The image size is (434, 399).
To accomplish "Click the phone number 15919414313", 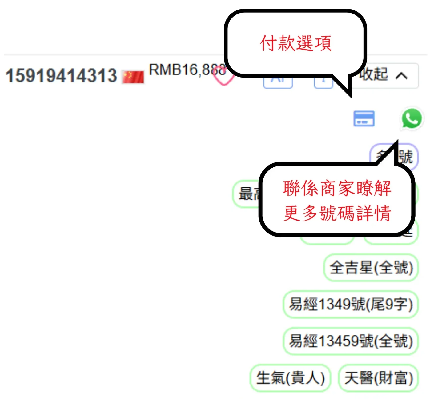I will click(x=61, y=75).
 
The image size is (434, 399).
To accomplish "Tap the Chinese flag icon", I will click(x=133, y=77).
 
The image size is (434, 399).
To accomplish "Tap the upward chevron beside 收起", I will click(x=401, y=76).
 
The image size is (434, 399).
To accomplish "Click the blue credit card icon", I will click(x=364, y=118).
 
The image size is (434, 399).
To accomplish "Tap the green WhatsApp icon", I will click(x=412, y=118).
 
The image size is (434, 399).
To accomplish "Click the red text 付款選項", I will click(x=295, y=43).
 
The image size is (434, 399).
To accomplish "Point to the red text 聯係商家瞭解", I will click(x=337, y=188).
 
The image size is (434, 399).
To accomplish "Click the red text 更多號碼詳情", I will click(x=337, y=213).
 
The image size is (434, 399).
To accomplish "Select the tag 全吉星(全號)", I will click(x=371, y=267).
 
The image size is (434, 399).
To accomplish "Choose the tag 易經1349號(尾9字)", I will click(x=351, y=304).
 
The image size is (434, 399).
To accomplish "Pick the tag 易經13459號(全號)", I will click(x=351, y=341).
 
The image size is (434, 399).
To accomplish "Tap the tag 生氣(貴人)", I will click(x=290, y=378).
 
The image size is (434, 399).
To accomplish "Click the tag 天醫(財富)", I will click(x=378, y=378).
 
